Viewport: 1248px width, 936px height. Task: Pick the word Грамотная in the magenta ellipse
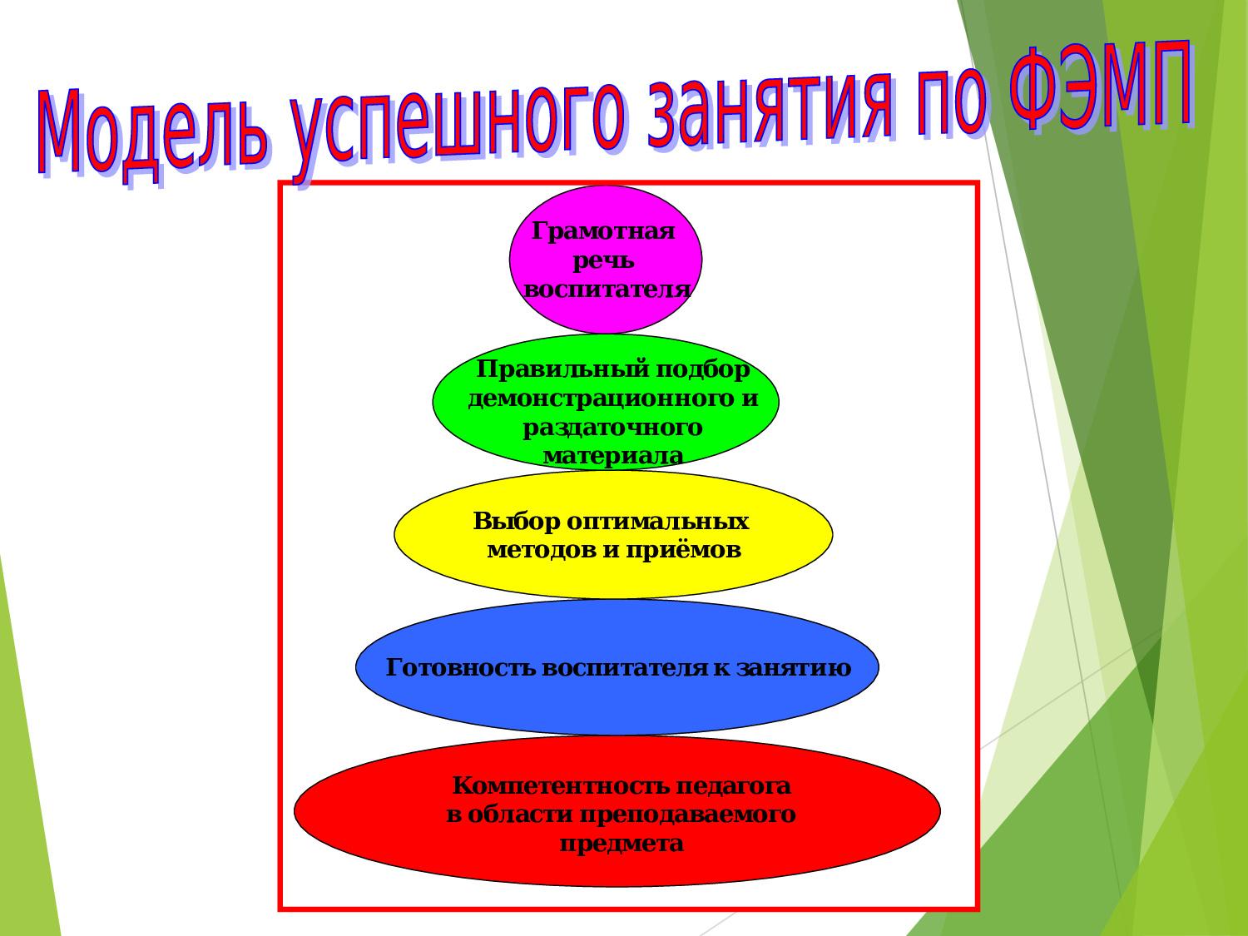(603, 232)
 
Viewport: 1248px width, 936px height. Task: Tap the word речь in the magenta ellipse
(603, 262)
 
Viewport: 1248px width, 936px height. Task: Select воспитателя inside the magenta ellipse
(607, 290)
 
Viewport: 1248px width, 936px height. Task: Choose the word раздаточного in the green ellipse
(612, 428)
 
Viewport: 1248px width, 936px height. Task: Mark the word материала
(613, 456)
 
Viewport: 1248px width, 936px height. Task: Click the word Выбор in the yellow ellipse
(517, 522)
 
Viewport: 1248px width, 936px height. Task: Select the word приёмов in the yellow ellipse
(683, 551)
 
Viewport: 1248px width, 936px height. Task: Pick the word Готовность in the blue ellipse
(461, 668)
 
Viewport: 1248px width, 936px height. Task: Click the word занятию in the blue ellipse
(794, 668)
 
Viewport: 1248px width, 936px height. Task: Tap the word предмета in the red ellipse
(622, 844)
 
